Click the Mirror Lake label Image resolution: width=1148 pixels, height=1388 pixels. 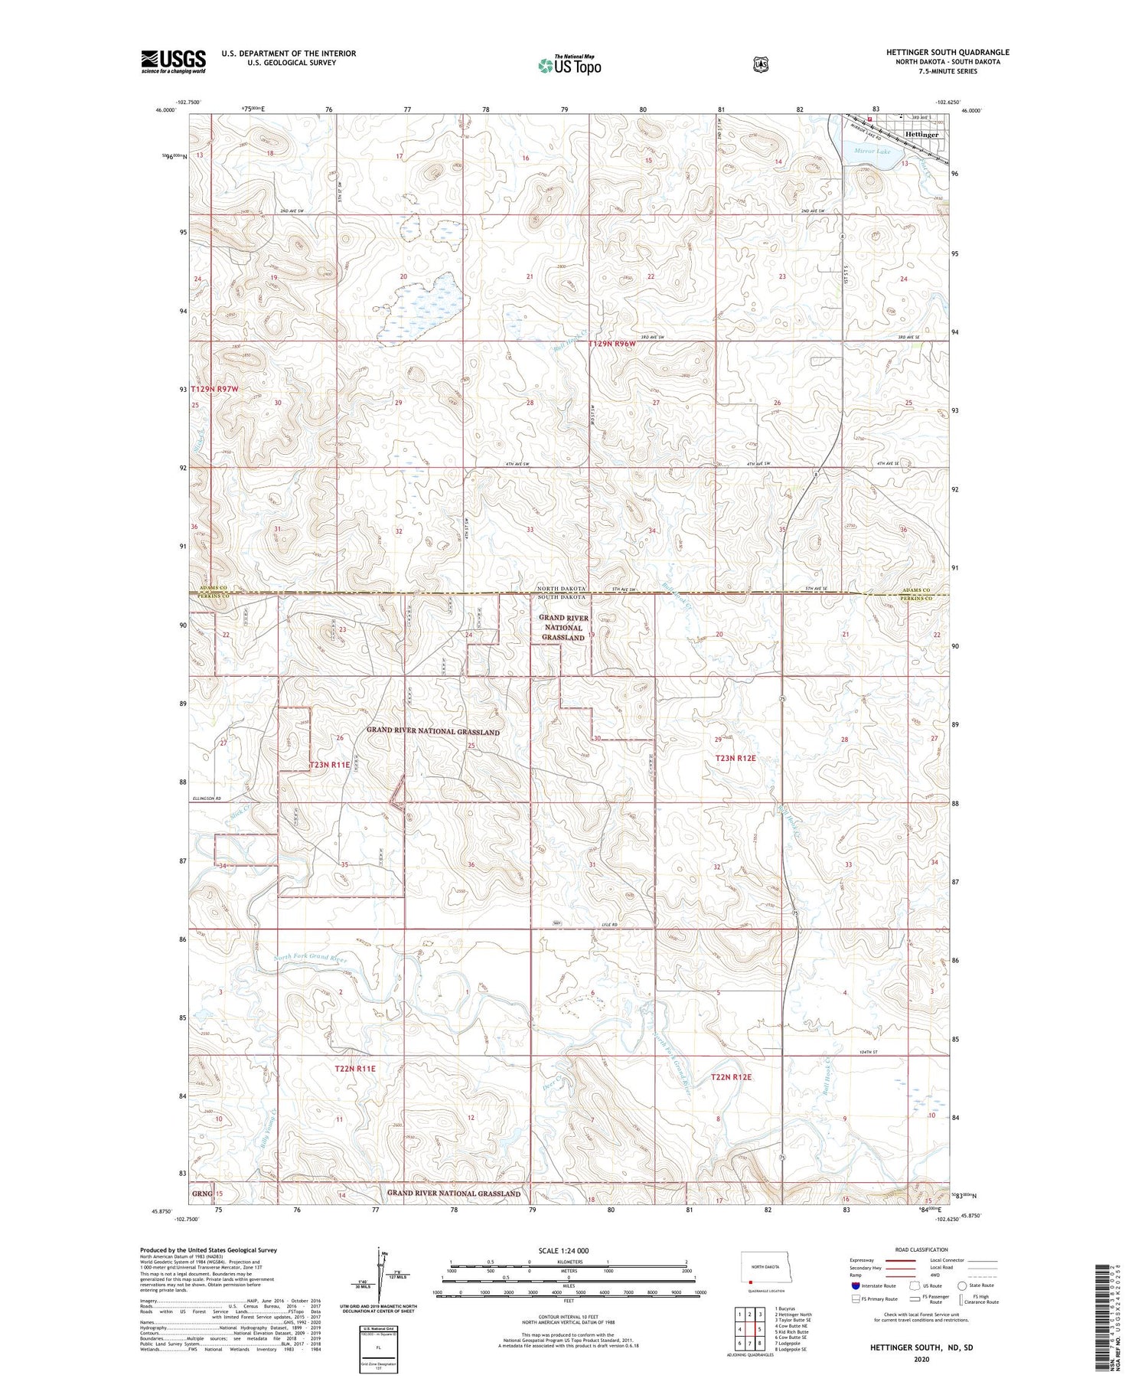872,152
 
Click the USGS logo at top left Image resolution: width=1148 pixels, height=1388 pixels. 173,61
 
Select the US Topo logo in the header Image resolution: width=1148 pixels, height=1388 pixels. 569,66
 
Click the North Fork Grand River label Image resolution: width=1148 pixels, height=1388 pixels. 311,958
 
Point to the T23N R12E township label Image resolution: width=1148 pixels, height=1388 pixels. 735,758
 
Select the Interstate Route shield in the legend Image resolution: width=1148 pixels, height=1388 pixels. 856,1285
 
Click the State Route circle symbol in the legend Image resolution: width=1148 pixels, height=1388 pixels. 962,1285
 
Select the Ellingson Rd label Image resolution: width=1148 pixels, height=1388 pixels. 205,799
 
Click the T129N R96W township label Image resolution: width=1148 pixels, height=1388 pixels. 612,345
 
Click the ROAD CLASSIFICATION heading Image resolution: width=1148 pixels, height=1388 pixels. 923,1249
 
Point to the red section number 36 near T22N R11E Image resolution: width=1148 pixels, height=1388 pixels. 471,864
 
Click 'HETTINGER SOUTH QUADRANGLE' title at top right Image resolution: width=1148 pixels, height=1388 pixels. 947,52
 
